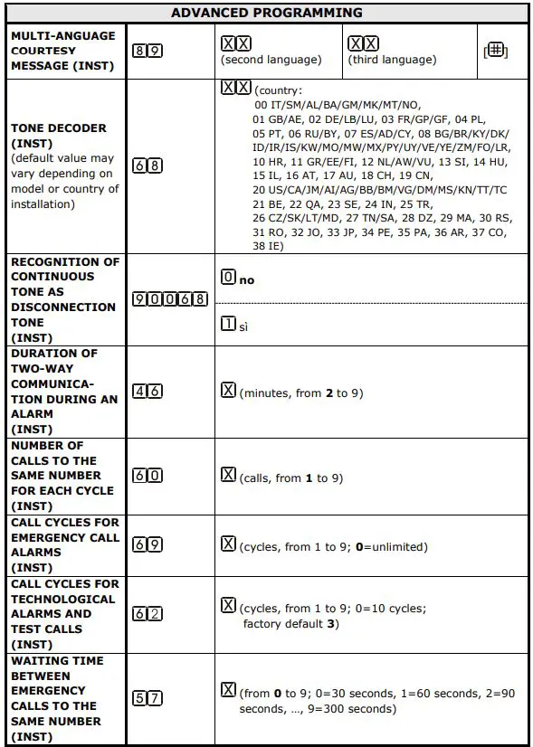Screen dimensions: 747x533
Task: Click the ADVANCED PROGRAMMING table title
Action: click(266, 13)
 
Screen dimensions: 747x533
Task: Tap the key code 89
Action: click(148, 51)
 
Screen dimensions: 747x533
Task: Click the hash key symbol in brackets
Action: click(495, 52)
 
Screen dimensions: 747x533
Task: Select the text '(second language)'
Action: click(271, 60)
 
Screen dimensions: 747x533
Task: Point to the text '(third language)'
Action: click(392, 60)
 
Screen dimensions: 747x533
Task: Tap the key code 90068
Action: click(170, 299)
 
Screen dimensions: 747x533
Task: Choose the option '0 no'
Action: click(238, 279)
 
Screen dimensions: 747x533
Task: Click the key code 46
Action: click(148, 392)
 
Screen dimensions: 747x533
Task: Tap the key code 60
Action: click(148, 476)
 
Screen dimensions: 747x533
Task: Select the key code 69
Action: click(148, 544)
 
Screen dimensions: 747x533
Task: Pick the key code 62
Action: click(148, 614)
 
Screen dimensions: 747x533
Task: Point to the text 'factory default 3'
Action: click(290, 624)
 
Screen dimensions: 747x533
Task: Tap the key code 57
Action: click(148, 697)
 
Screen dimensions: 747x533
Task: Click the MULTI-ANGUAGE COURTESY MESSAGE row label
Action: click(63, 51)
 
